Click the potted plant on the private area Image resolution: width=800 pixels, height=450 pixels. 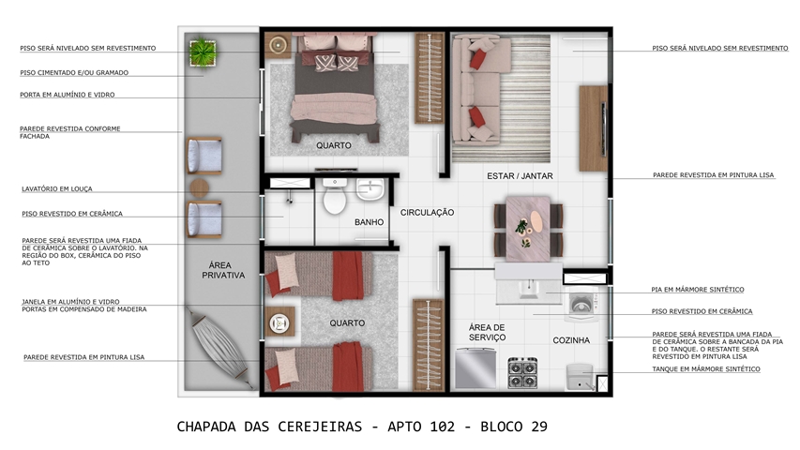204,52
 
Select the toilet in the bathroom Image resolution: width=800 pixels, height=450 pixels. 335,196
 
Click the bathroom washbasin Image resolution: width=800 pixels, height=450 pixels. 370,189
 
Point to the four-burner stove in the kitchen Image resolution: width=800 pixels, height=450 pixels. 522,372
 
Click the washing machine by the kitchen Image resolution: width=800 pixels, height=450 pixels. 581,303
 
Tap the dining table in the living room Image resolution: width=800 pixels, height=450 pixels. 528,229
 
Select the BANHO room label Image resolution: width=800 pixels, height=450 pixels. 369,222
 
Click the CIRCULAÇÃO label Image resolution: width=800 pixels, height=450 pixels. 427,212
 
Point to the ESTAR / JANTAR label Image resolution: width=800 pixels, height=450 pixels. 520,176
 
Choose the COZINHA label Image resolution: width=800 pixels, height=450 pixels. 571,340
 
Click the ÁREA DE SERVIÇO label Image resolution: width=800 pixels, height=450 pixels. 488,332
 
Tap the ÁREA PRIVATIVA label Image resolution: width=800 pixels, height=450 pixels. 223,270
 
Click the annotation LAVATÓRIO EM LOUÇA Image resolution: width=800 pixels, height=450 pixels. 57,188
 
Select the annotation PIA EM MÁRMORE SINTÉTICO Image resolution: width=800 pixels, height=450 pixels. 698,290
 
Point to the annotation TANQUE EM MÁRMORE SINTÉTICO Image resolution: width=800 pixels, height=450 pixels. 706,368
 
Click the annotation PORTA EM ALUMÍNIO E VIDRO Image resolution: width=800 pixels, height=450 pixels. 68,95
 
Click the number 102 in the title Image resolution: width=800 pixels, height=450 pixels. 443,427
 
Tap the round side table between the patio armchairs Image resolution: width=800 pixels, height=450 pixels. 200,187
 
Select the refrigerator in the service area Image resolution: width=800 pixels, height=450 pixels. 475,367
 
